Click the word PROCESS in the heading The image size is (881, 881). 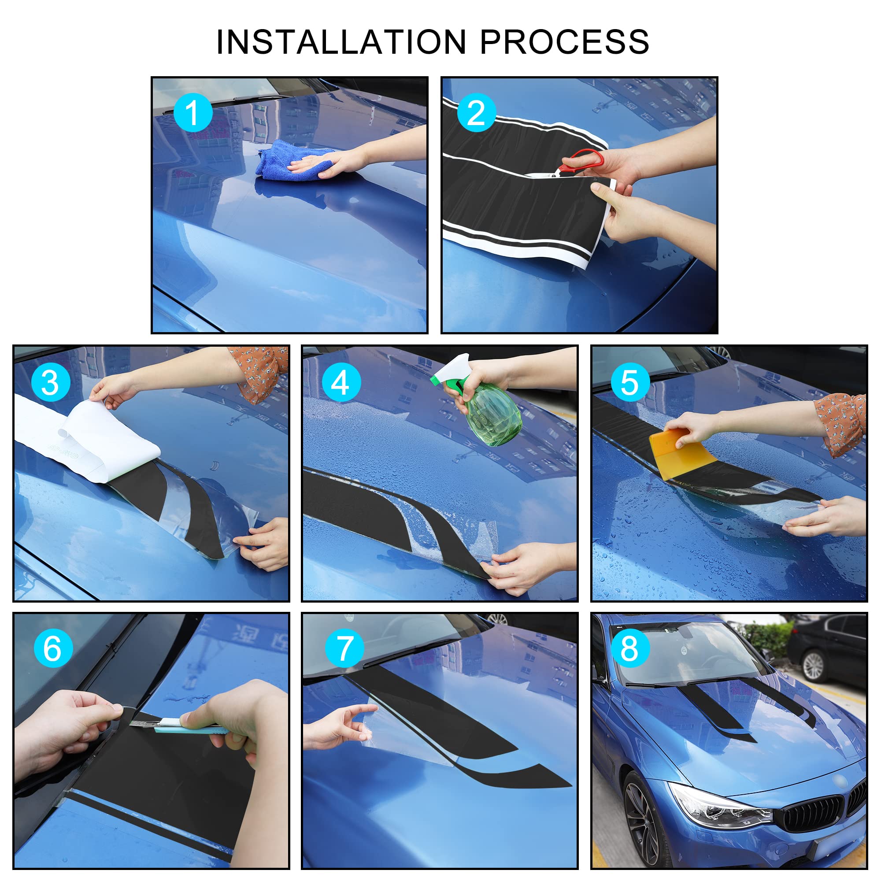pos(565,42)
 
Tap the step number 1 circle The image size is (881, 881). pos(193,113)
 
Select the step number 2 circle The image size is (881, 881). pos(477,113)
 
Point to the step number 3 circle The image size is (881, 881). pos(51,382)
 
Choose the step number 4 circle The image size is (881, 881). pos(341,382)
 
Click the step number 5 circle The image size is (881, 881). pos(630,382)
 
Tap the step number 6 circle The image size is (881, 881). pos(53,648)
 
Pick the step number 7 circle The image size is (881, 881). pos(344,648)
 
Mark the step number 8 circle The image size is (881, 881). pos(630,648)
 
